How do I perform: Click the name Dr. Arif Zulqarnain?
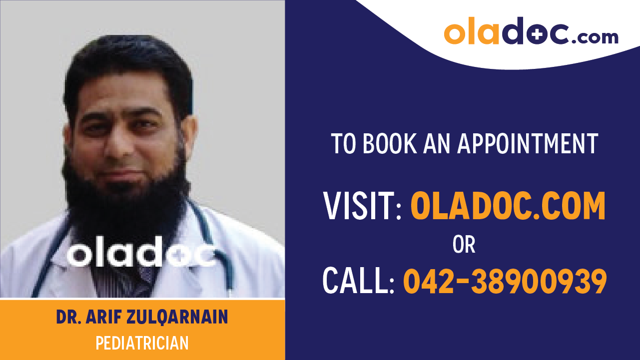pyautogui.click(x=142, y=318)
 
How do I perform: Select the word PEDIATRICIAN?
pyautogui.click(x=142, y=343)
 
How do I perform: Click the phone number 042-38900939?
pyautogui.click(x=505, y=282)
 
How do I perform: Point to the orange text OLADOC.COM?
pyautogui.click(x=508, y=206)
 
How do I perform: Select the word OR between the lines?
pyautogui.click(x=464, y=245)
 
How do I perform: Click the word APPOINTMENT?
pyautogui.click(x=528, y=144)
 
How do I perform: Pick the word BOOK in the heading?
pyautogui.click(x=388, y=144)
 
